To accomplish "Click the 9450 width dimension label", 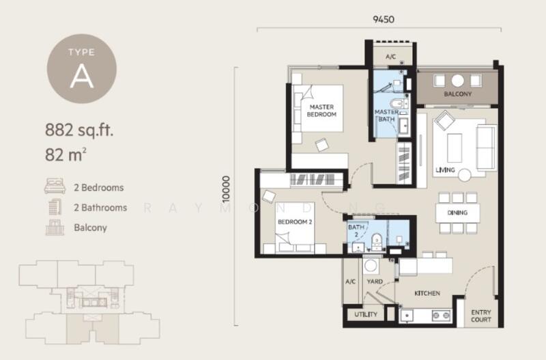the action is (x=384, y=19).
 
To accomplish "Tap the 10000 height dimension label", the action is (x=227, y=189).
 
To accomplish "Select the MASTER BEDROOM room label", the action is (x=321, y=111).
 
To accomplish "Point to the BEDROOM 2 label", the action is (x=295, y=221).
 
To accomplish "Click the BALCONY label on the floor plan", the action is (x=457, y=94).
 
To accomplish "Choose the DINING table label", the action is (x=457, y=212).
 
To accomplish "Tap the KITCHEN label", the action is (x=427, y=294).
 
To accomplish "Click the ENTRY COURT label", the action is (x=481, y=316).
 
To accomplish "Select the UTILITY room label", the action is (x=366, y=314).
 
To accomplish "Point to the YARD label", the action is (x=375, y=281).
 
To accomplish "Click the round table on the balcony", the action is (x=457, y=81).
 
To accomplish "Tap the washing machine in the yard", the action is (x=370, y=266).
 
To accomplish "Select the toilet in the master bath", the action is (x=398, y=104).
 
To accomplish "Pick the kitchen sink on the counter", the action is (x=406, y=316).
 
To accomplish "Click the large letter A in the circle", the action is (x=81, y=77).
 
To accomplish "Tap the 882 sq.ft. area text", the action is (x=79, y=130).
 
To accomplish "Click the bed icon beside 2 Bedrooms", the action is (x=55, y=186).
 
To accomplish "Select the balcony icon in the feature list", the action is (x=55, y=227).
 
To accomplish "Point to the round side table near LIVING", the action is (x=465, y=175).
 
